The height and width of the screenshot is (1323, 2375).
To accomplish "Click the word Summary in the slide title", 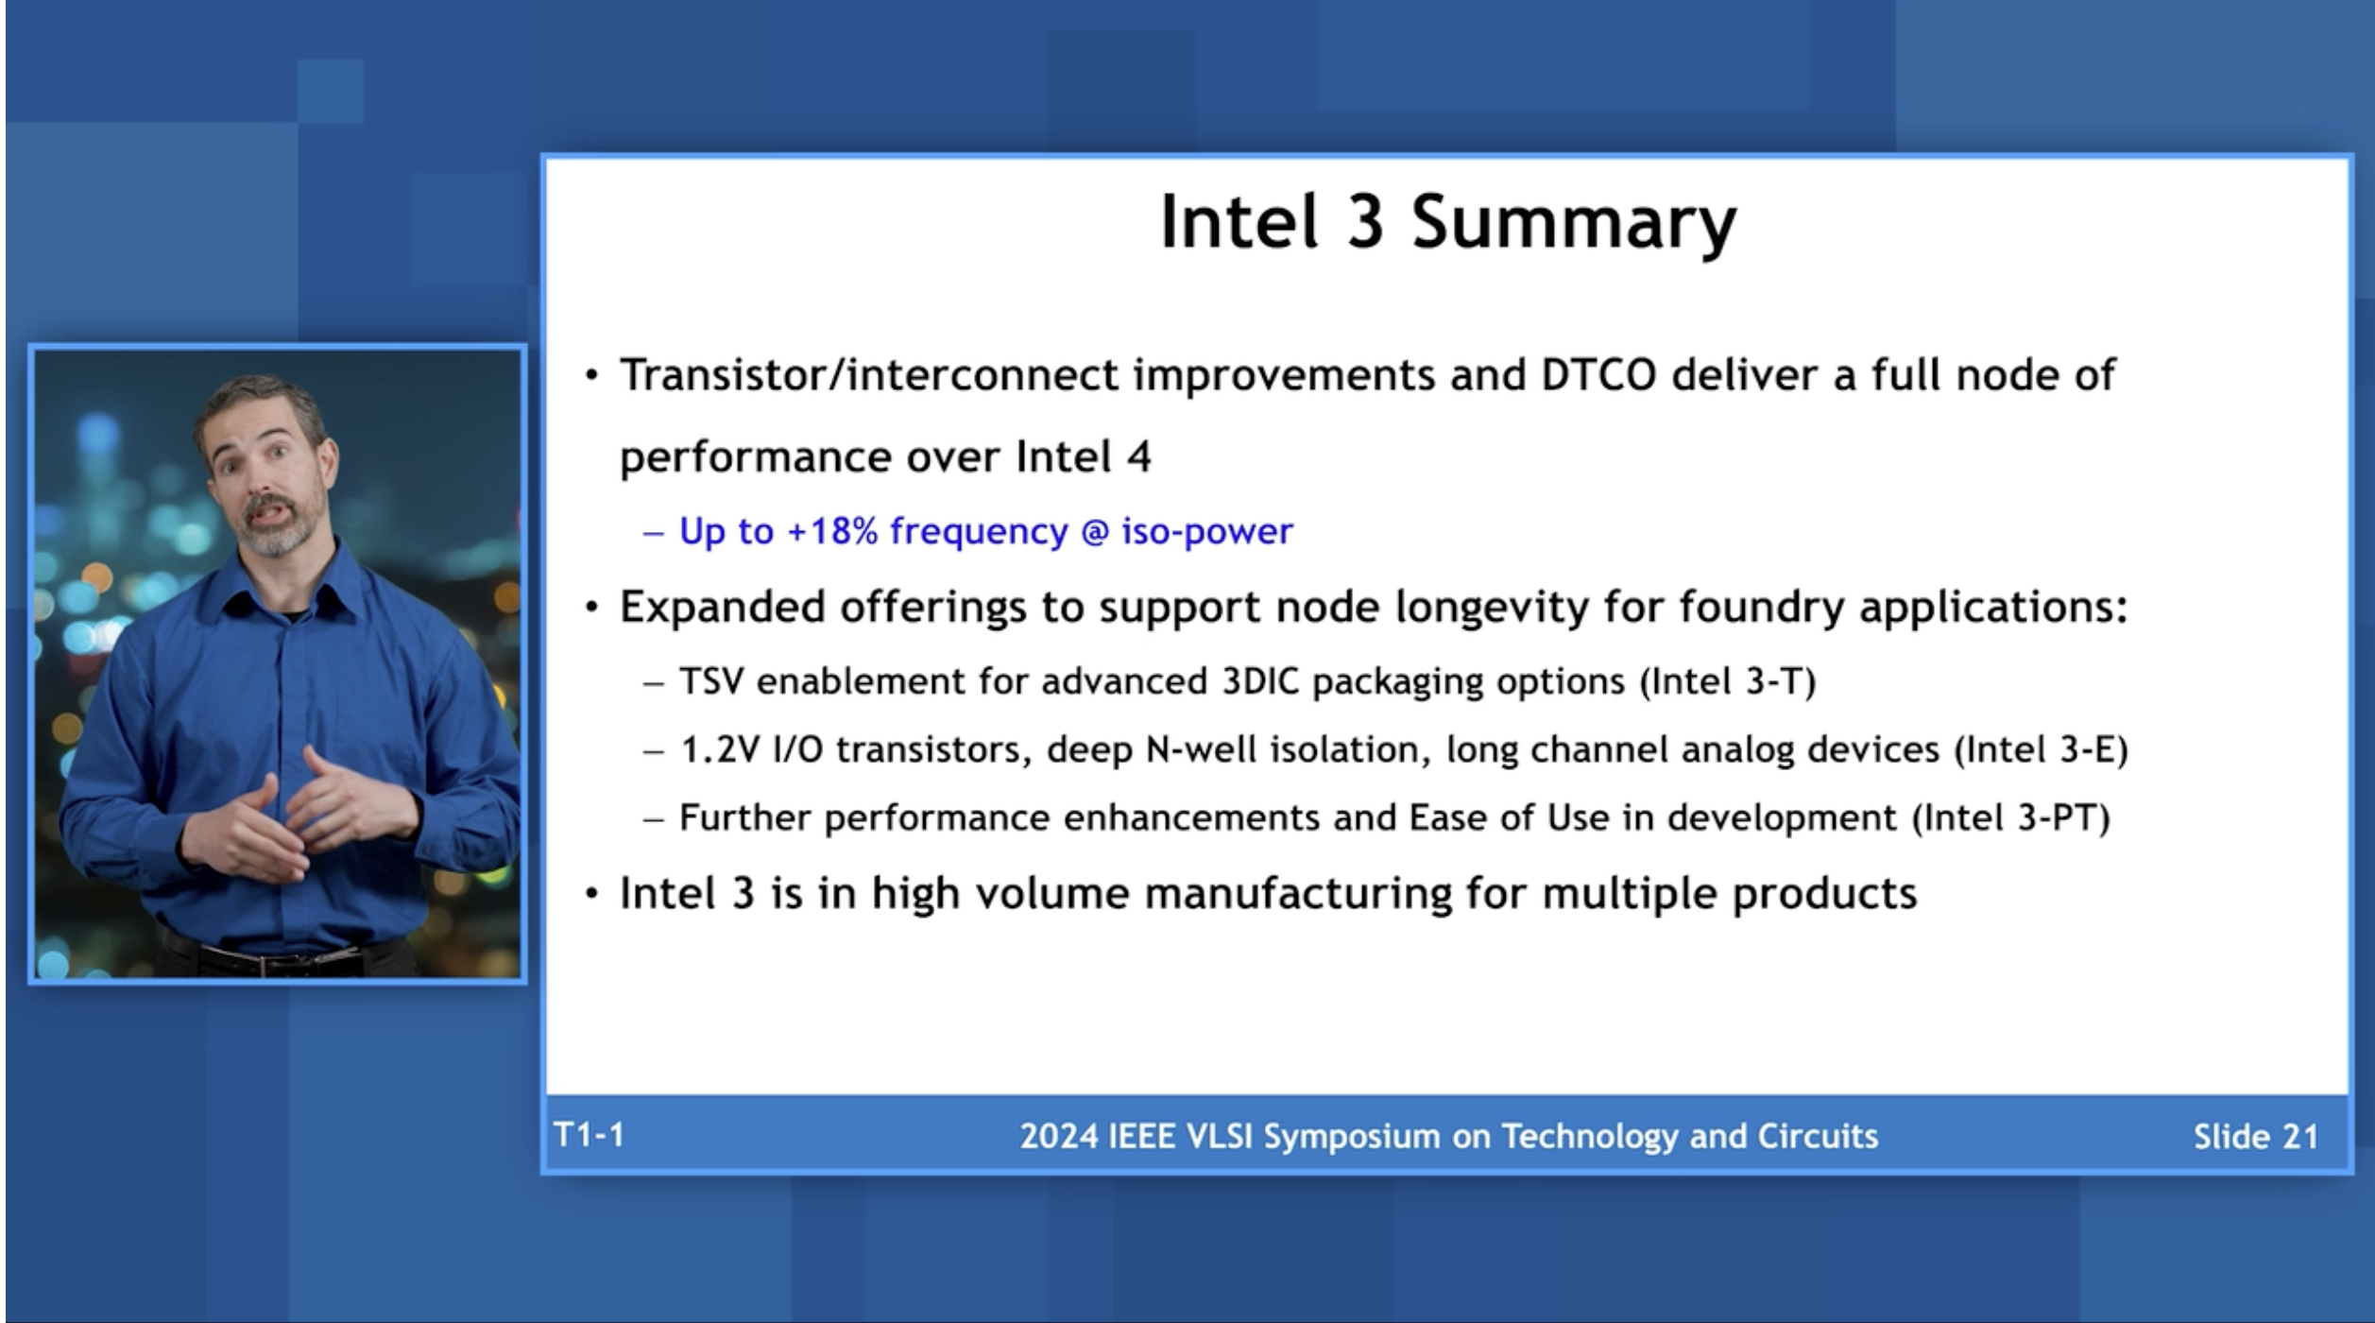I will (1573, 223).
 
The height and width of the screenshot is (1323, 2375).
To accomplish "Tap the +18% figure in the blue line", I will (831, 531).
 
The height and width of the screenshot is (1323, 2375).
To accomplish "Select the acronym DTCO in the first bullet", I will (1598, 375).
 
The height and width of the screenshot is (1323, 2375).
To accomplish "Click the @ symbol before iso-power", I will (1094, 532).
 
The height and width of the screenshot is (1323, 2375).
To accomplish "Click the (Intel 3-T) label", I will (1728, 681).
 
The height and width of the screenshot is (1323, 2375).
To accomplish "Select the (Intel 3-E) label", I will (2041, 749).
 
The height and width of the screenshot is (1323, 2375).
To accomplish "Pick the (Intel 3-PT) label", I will (2010, 817).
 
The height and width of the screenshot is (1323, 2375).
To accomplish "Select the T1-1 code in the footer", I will (589, 1135).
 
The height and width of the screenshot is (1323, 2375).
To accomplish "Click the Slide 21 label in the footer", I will (2255, 1137).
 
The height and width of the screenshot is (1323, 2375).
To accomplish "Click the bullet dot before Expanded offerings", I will (592, 608).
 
